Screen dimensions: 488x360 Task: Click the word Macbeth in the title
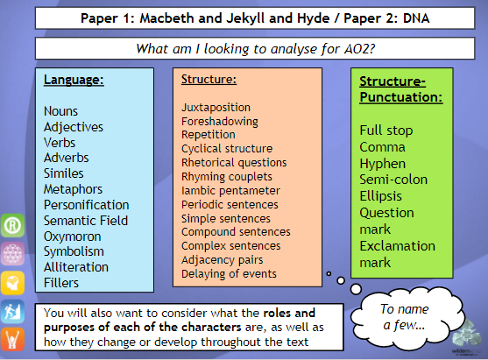tap(166, 18)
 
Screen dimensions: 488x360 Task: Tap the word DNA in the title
tap(416, 18)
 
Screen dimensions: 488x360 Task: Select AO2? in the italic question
tap(359, 49)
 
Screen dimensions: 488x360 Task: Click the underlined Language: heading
tap(74, 80)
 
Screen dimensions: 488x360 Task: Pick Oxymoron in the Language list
tap(72, 236)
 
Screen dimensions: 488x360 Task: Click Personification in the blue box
tap(86, 205)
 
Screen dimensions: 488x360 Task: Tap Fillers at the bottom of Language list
tap(61, 283)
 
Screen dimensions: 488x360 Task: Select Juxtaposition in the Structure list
tap(216, 108)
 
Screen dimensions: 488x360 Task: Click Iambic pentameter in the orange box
tap(230, 190)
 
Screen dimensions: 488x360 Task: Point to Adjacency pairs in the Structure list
tap(223, 260)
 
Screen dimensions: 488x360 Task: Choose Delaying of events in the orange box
tap(229, 274)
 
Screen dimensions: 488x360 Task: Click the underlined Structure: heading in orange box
tap(209, 80)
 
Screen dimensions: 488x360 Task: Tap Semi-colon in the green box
tap(393, 180)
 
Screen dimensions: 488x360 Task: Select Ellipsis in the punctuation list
tap(380, 196)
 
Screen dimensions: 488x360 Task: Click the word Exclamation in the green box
tap(398, 246)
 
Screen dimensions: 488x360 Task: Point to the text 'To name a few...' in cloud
tap(404, 317)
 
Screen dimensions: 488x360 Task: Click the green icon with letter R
tap(12, 225)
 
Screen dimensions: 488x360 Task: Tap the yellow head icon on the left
tap(12, 283)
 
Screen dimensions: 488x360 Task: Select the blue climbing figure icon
tap(12, 312)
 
